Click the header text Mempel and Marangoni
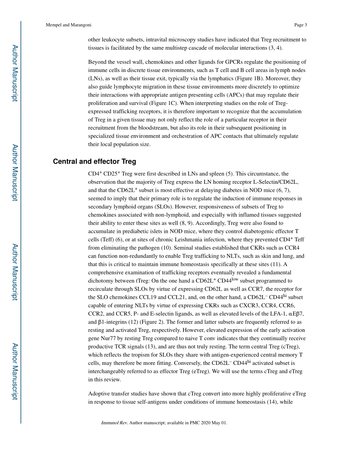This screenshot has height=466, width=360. click(x=69, y=25)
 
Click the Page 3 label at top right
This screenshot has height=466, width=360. click(x=300, y=25)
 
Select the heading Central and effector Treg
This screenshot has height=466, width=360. click(x=94, y=162)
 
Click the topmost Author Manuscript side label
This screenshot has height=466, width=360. click(x=15, y=73)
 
